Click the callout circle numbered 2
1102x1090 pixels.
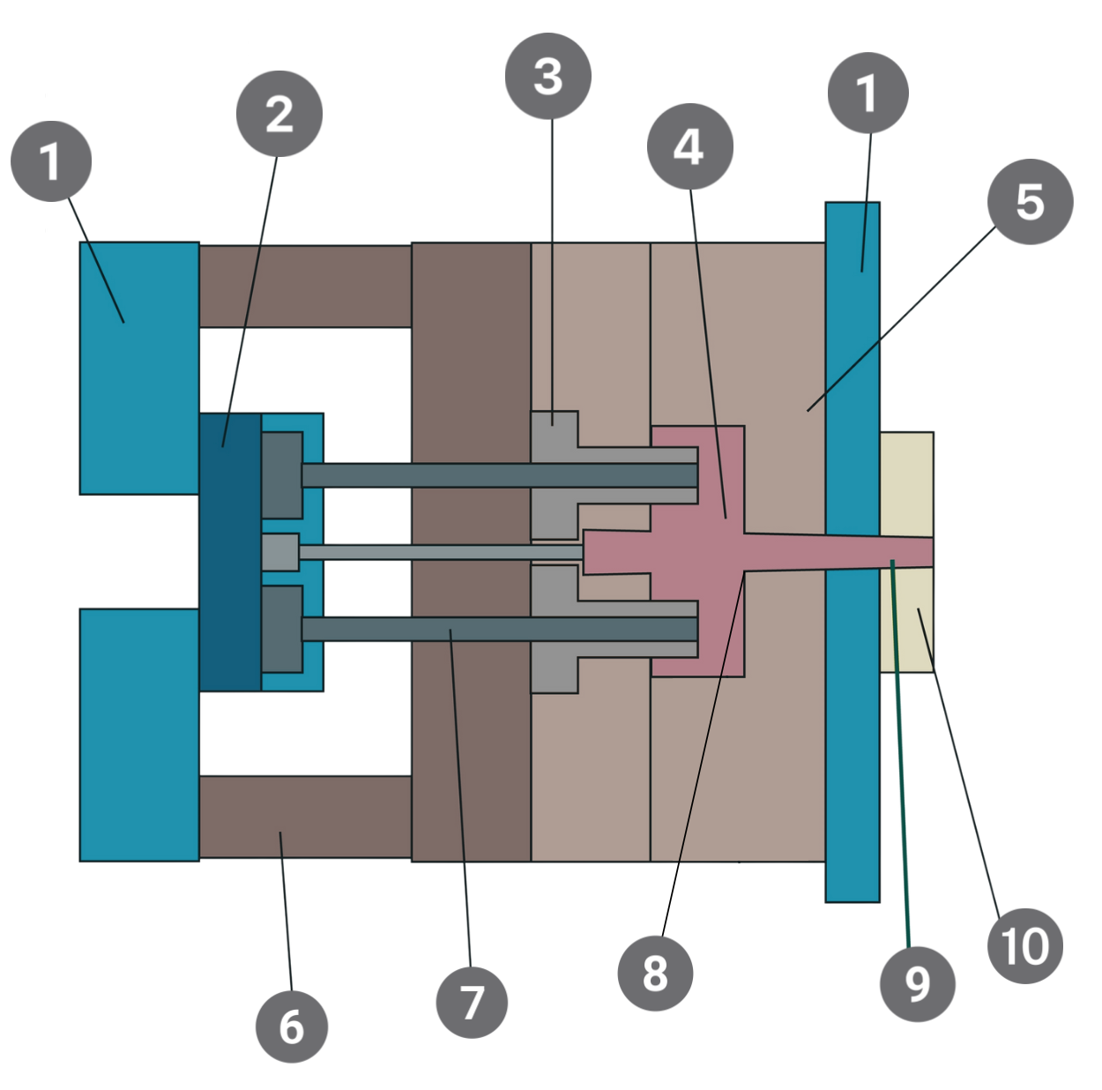point(279,114)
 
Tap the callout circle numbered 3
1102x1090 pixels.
point(547,76)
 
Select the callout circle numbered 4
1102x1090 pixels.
point(689,146)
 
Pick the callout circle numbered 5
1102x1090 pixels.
point(1030,202)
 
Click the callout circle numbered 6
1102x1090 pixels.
point(291,1027)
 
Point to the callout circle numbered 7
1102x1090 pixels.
point(472,1002)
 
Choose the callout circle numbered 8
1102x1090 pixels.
point(655,973)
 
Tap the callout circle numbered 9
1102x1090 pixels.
point(917,983)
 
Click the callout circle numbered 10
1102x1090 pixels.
point(1024,946)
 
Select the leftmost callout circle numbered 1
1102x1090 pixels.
point(50,161)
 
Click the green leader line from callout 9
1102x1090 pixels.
point(900,750)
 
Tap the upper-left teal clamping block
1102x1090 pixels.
point(139,368)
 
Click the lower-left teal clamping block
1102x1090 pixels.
point(139,734)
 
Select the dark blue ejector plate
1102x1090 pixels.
point(230,551)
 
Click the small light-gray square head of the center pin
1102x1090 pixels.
point(280,552)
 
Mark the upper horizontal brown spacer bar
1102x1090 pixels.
point(304,286)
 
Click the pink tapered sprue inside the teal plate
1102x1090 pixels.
point(852,552)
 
